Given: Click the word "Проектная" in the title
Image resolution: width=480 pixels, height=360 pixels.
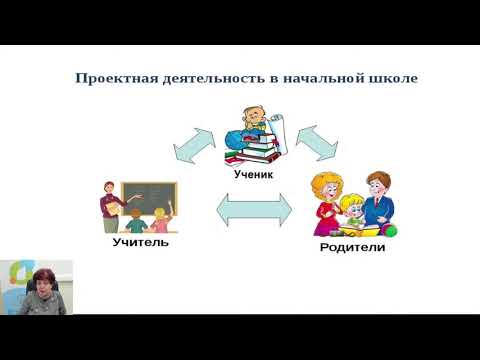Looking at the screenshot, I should click(113, 77).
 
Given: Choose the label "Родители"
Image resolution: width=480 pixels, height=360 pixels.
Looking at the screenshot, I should click(352, 246).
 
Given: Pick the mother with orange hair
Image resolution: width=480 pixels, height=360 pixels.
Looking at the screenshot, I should click(326, 200).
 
